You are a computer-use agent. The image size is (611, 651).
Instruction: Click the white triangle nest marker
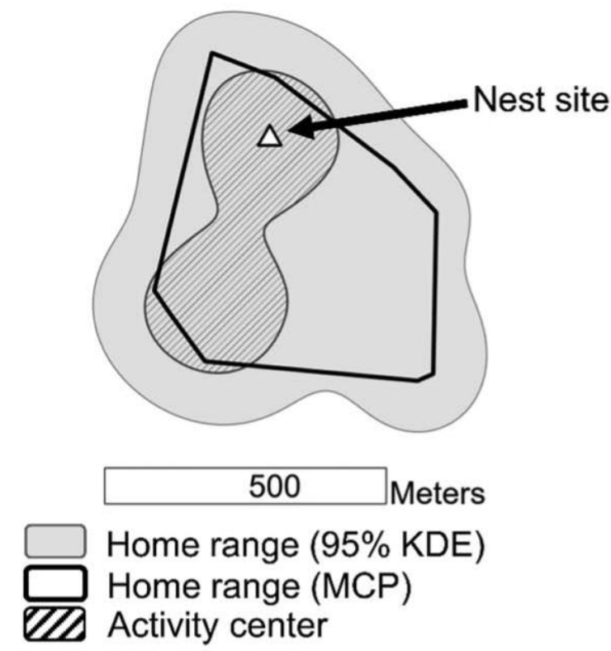pyautogui.click(x=268, y=136)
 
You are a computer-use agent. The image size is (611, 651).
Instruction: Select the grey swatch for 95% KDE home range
pyautogui.click(x=53, y=542)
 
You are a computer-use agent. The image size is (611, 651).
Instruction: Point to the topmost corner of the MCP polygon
pyautogui.click(x=213, y=54)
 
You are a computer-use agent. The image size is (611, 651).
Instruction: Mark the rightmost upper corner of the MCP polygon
pyautogui.click(x=436, y=211)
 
